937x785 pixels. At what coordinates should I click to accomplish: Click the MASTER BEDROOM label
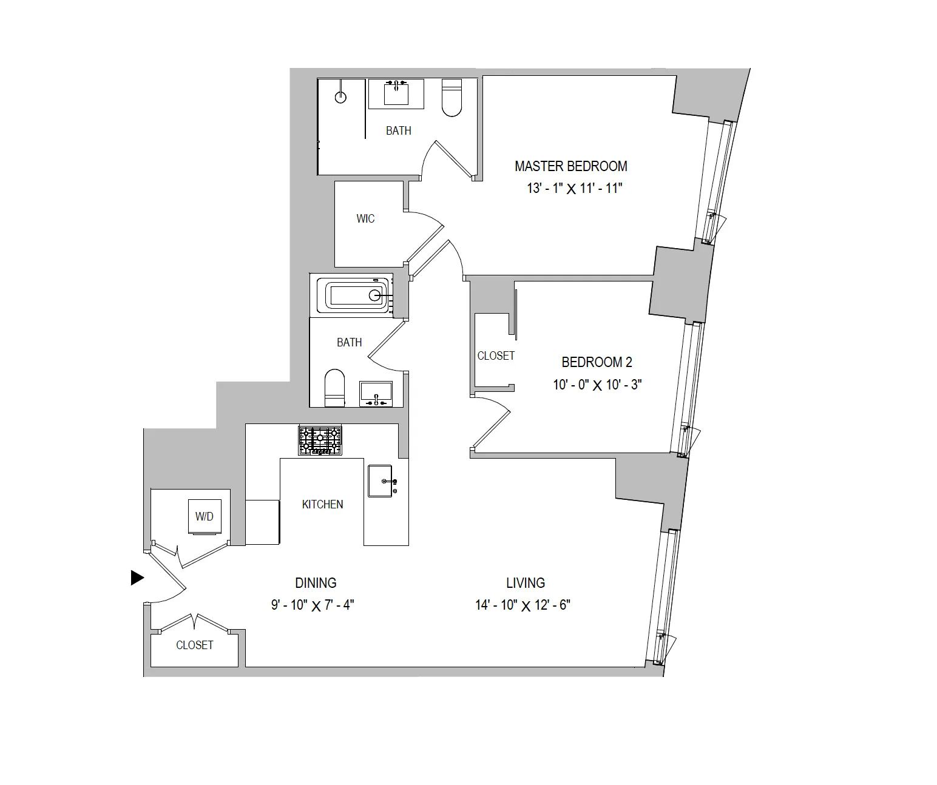[570, 166]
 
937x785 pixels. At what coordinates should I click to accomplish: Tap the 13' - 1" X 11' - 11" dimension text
[575, 189]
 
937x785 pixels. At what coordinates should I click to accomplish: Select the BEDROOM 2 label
[597, 363]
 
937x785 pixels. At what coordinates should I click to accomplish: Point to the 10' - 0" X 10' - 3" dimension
[597, 385]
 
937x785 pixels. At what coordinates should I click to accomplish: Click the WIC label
[365, 219]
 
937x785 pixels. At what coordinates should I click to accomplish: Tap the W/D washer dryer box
[205, 517]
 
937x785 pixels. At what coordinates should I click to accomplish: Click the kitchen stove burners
[320, 440]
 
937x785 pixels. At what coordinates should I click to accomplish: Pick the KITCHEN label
[322, 505]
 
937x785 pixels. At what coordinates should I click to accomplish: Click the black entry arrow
[137, 578]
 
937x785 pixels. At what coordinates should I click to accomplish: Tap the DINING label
[316, 583]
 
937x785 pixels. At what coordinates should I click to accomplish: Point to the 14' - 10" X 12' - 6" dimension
[523, 605]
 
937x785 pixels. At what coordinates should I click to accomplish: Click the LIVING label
[526, 583]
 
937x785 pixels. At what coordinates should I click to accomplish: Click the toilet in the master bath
[452, 98]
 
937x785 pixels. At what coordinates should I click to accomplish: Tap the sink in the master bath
[396, 93]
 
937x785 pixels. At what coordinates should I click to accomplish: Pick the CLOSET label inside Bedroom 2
[496, 356]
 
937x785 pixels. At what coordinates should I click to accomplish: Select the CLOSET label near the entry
[194, 645]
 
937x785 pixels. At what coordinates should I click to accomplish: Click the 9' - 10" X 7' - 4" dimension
[313, 605]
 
